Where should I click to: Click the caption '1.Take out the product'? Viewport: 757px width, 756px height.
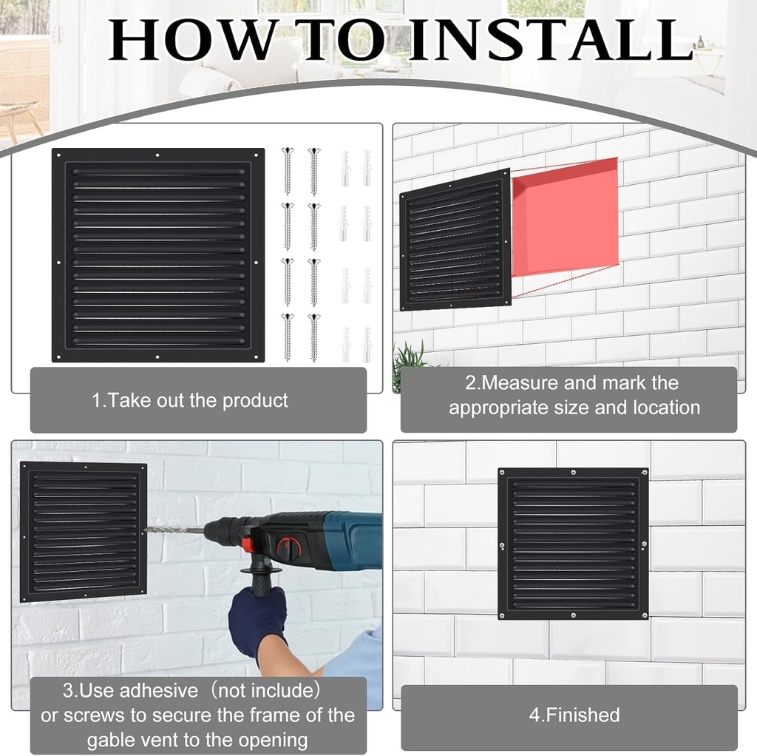tap(190, 400)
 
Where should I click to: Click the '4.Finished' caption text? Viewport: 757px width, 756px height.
tap(574, 715)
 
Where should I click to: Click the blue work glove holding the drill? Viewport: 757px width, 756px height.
tap(257, 618)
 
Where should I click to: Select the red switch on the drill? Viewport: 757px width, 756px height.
tap(290, 548)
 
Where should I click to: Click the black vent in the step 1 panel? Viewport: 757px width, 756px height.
tap(158, 255)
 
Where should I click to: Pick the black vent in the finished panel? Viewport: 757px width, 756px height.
tap(573, 543)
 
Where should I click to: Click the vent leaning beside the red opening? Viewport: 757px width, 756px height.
tap(455, 240)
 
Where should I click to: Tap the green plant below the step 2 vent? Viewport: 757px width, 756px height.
tap(409, 362)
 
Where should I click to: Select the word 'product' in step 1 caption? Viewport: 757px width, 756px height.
tap(255, 400)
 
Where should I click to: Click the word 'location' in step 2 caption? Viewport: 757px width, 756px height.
tap(666, 407)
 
